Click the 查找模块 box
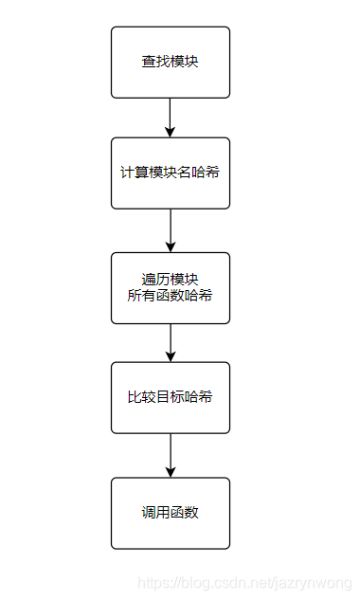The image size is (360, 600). [171, 63]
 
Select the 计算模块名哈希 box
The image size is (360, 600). [171, 173]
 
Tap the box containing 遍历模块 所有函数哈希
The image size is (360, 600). [171, 287]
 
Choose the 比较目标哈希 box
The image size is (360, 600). [171, 397]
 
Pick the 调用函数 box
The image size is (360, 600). [171, 513]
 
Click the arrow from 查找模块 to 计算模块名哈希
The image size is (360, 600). [171, 118]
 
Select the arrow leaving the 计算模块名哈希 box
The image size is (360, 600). [171, 230]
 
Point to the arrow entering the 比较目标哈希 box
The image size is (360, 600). [171, 342]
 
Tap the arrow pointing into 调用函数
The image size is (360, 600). [171, 455]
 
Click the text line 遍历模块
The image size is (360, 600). [171, 279]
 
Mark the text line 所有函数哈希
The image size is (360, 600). [171, 296]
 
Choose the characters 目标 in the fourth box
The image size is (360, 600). [171, 397]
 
